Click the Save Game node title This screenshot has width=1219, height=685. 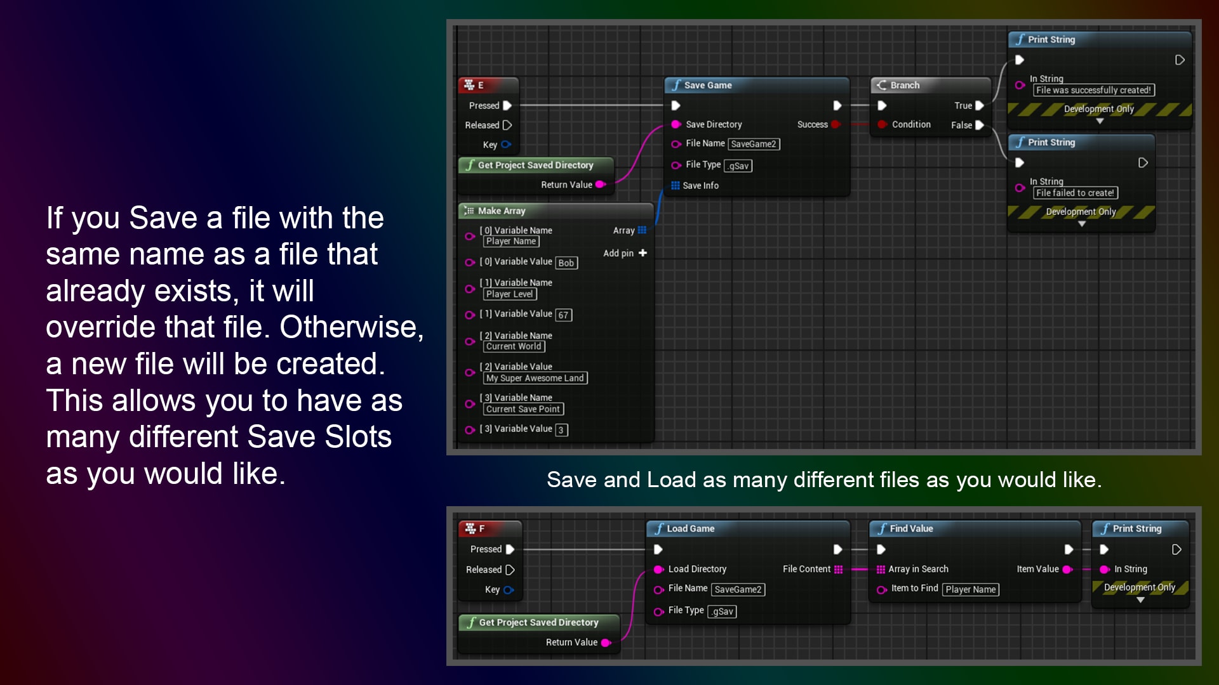pyautogui.click(x=707, y=85)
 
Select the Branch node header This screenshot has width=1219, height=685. pyautogui.click(x=904, y=85)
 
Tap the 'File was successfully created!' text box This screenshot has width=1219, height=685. pyautogui.click(x=1093, y=90)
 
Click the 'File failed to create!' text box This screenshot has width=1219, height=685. pyautogui.click(x=1075, y=193)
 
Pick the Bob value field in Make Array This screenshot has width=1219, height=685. pyautogui.click(x=566, y=263)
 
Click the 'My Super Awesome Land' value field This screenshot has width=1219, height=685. pyautogui.click(x=535, y=378)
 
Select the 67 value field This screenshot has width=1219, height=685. pyautogui.click(x=563, y=315)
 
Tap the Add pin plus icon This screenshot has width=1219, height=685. pyautogui.click(x=643, y=253)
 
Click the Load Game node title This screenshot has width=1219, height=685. pyautogui.click(x=690, y=528)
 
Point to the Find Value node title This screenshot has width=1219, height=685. pyautogui.click(x=911, y=528)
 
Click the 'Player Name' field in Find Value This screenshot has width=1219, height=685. pyautogui.click(x=970, y=589)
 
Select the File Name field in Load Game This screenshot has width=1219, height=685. pyautogui.click(x=738, y=589)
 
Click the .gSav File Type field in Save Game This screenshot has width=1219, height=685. pyautogui.click(x=738, y=166)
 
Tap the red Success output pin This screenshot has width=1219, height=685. pyautogui.click(x=836, y=124)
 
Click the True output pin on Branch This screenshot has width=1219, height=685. pyautogui.click(x=980, y=105)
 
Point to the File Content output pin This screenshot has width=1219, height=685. pyautogui.click(x=839, y=569)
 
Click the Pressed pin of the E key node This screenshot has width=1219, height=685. pyautogui.click(x=507, y=105)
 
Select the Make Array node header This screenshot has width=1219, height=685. pyautogui.click(x=502, y=211)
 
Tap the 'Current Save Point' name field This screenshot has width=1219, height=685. pyautogui.click(x=523, y=409)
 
